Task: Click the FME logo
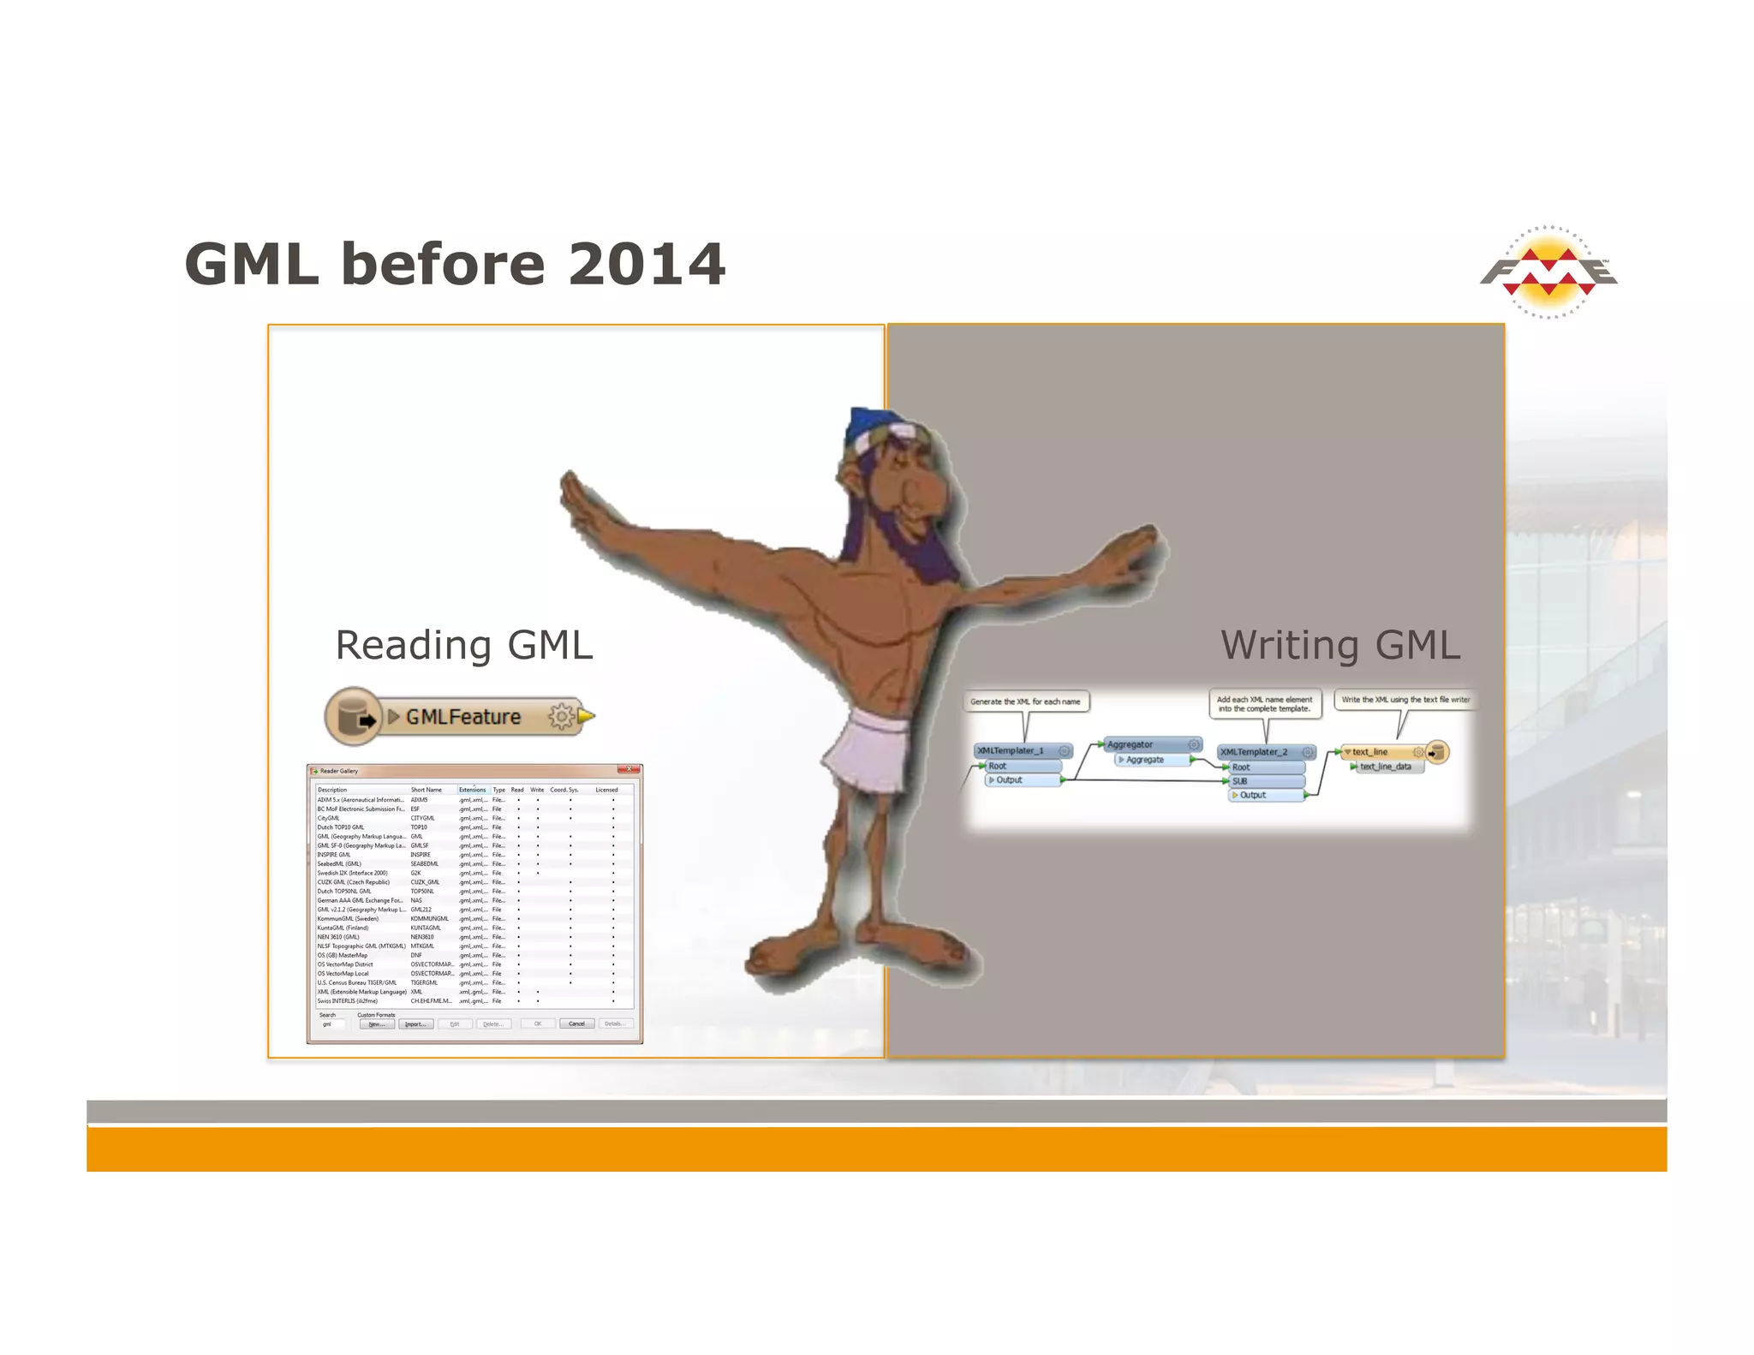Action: [x=1548, y=272]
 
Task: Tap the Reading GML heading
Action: [x=463, y=645]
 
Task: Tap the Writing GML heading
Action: [x=1339, y=645]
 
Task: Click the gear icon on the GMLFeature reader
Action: [x=561, y=716]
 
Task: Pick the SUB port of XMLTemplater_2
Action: [x=1266, y=781]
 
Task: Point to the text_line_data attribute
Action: [x=1385, y=767]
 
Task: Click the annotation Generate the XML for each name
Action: [x=1025, y=701]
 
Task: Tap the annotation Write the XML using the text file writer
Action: [x=1405, y=700]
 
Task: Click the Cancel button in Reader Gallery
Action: [x=576, y=1024]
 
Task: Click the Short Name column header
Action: [x=427, y=790]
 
